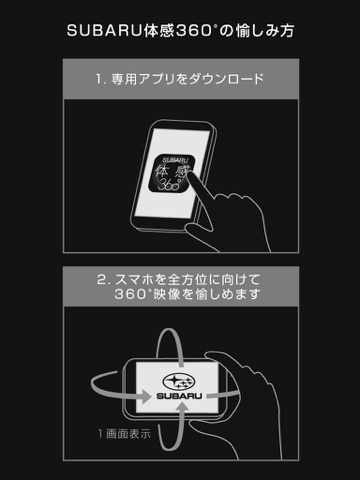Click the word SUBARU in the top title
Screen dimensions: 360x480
pyautogui.click(x=104, y=31)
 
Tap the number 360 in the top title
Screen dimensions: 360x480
pyautogui.click(x=194, y=31)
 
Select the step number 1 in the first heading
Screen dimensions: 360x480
pyautogui.click(x=99, y=79)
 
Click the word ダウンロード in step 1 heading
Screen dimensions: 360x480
pyautogui.click(x=226, y=79)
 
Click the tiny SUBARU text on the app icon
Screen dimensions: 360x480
pyautogui.click(x=175, y=160)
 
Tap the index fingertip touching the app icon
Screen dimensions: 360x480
pyautogui.click(x=191, y=173)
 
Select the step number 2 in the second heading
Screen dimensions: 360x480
pyautogui.click(x=101, y=279)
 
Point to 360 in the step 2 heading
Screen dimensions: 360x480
pyautogui.click(x=131, y=294)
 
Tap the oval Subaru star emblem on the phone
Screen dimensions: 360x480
pyautogui.click(x=179, y=381)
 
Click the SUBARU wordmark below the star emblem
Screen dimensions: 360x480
pyautogui.click(x=179, y=396)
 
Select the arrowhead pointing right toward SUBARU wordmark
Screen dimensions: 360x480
pyautogui.click(x=146, y=396)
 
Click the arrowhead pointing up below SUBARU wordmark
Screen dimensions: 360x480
pyautogui.click(x=181, y=408)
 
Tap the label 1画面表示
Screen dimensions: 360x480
pyautogui.click(x=124, y=434)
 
